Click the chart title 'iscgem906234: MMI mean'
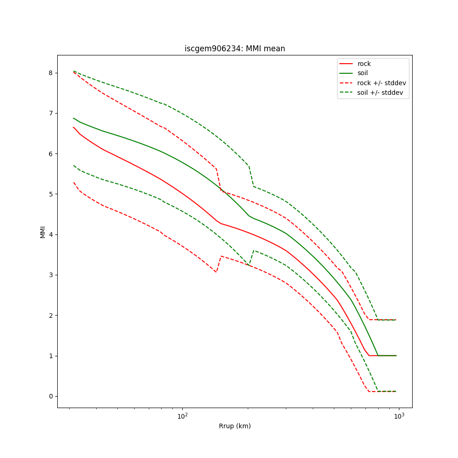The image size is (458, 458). coord(234,49)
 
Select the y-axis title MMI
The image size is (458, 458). coord(43,232)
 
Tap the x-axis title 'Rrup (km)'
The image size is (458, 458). coord(234,426)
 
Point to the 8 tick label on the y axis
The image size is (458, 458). coord(51,73)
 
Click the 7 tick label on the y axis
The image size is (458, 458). coord(51,113)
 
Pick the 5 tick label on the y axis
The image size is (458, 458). coord(51,194)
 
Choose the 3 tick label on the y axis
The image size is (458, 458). coord(51,275)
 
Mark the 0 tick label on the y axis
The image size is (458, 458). coord(51,396)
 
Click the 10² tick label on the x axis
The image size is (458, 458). coord(182,416)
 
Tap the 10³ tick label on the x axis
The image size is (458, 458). coord(399,416)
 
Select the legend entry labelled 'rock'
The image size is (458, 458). coord(364,64)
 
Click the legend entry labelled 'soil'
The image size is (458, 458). coord(362,73)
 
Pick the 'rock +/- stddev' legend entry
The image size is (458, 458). coord(382,82)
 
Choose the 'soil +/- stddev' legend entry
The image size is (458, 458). coord(381,92)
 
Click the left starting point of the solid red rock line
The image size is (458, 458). coord(73,127)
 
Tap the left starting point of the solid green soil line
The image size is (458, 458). coord(73,118)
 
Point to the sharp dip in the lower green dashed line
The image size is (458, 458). coord(249,265)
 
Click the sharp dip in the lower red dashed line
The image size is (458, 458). coord(216,272)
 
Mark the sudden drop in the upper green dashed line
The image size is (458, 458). coord(251,176)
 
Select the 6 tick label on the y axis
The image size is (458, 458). coord(51,153)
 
